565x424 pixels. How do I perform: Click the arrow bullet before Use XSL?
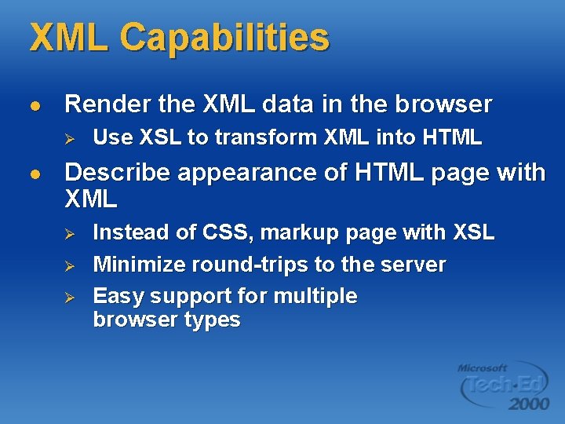68,139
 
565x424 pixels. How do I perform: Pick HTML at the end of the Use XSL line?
451,138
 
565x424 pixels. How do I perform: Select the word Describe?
118,173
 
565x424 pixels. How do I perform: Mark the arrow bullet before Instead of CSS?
68,234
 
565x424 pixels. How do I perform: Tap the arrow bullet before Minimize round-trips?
68,266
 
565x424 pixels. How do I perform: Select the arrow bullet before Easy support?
68,298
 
